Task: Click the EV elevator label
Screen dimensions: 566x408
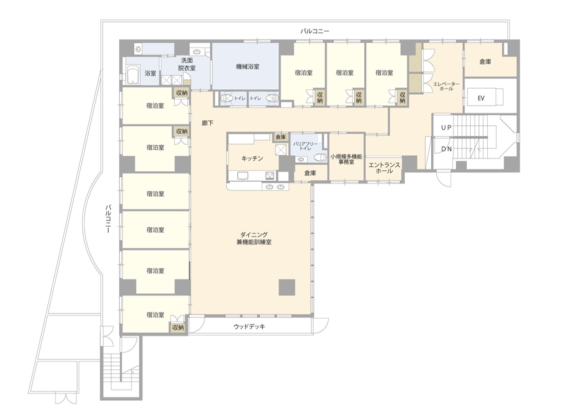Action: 481,98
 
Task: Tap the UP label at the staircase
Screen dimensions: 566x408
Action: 446,127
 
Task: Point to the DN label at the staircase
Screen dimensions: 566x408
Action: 446,149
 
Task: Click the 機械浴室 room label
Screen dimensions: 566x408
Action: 247,67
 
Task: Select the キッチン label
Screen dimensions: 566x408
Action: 252,159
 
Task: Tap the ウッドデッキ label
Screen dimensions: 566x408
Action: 249,327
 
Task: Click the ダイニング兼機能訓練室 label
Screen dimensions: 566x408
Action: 254,238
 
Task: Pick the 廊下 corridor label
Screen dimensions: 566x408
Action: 207,123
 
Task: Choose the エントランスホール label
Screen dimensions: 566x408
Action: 384,168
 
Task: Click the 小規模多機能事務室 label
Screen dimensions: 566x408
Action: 346,160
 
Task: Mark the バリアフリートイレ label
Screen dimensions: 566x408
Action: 305,146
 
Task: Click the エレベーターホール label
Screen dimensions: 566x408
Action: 446,86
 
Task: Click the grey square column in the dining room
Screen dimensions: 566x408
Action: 287,287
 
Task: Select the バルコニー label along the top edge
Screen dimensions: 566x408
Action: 315,32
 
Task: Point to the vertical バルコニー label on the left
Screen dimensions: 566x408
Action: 108,219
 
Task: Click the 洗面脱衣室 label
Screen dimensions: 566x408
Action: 187,64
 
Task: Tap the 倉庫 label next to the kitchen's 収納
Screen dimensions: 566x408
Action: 281,137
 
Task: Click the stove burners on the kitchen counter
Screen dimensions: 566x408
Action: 270,176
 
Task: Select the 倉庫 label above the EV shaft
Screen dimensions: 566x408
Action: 485,62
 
